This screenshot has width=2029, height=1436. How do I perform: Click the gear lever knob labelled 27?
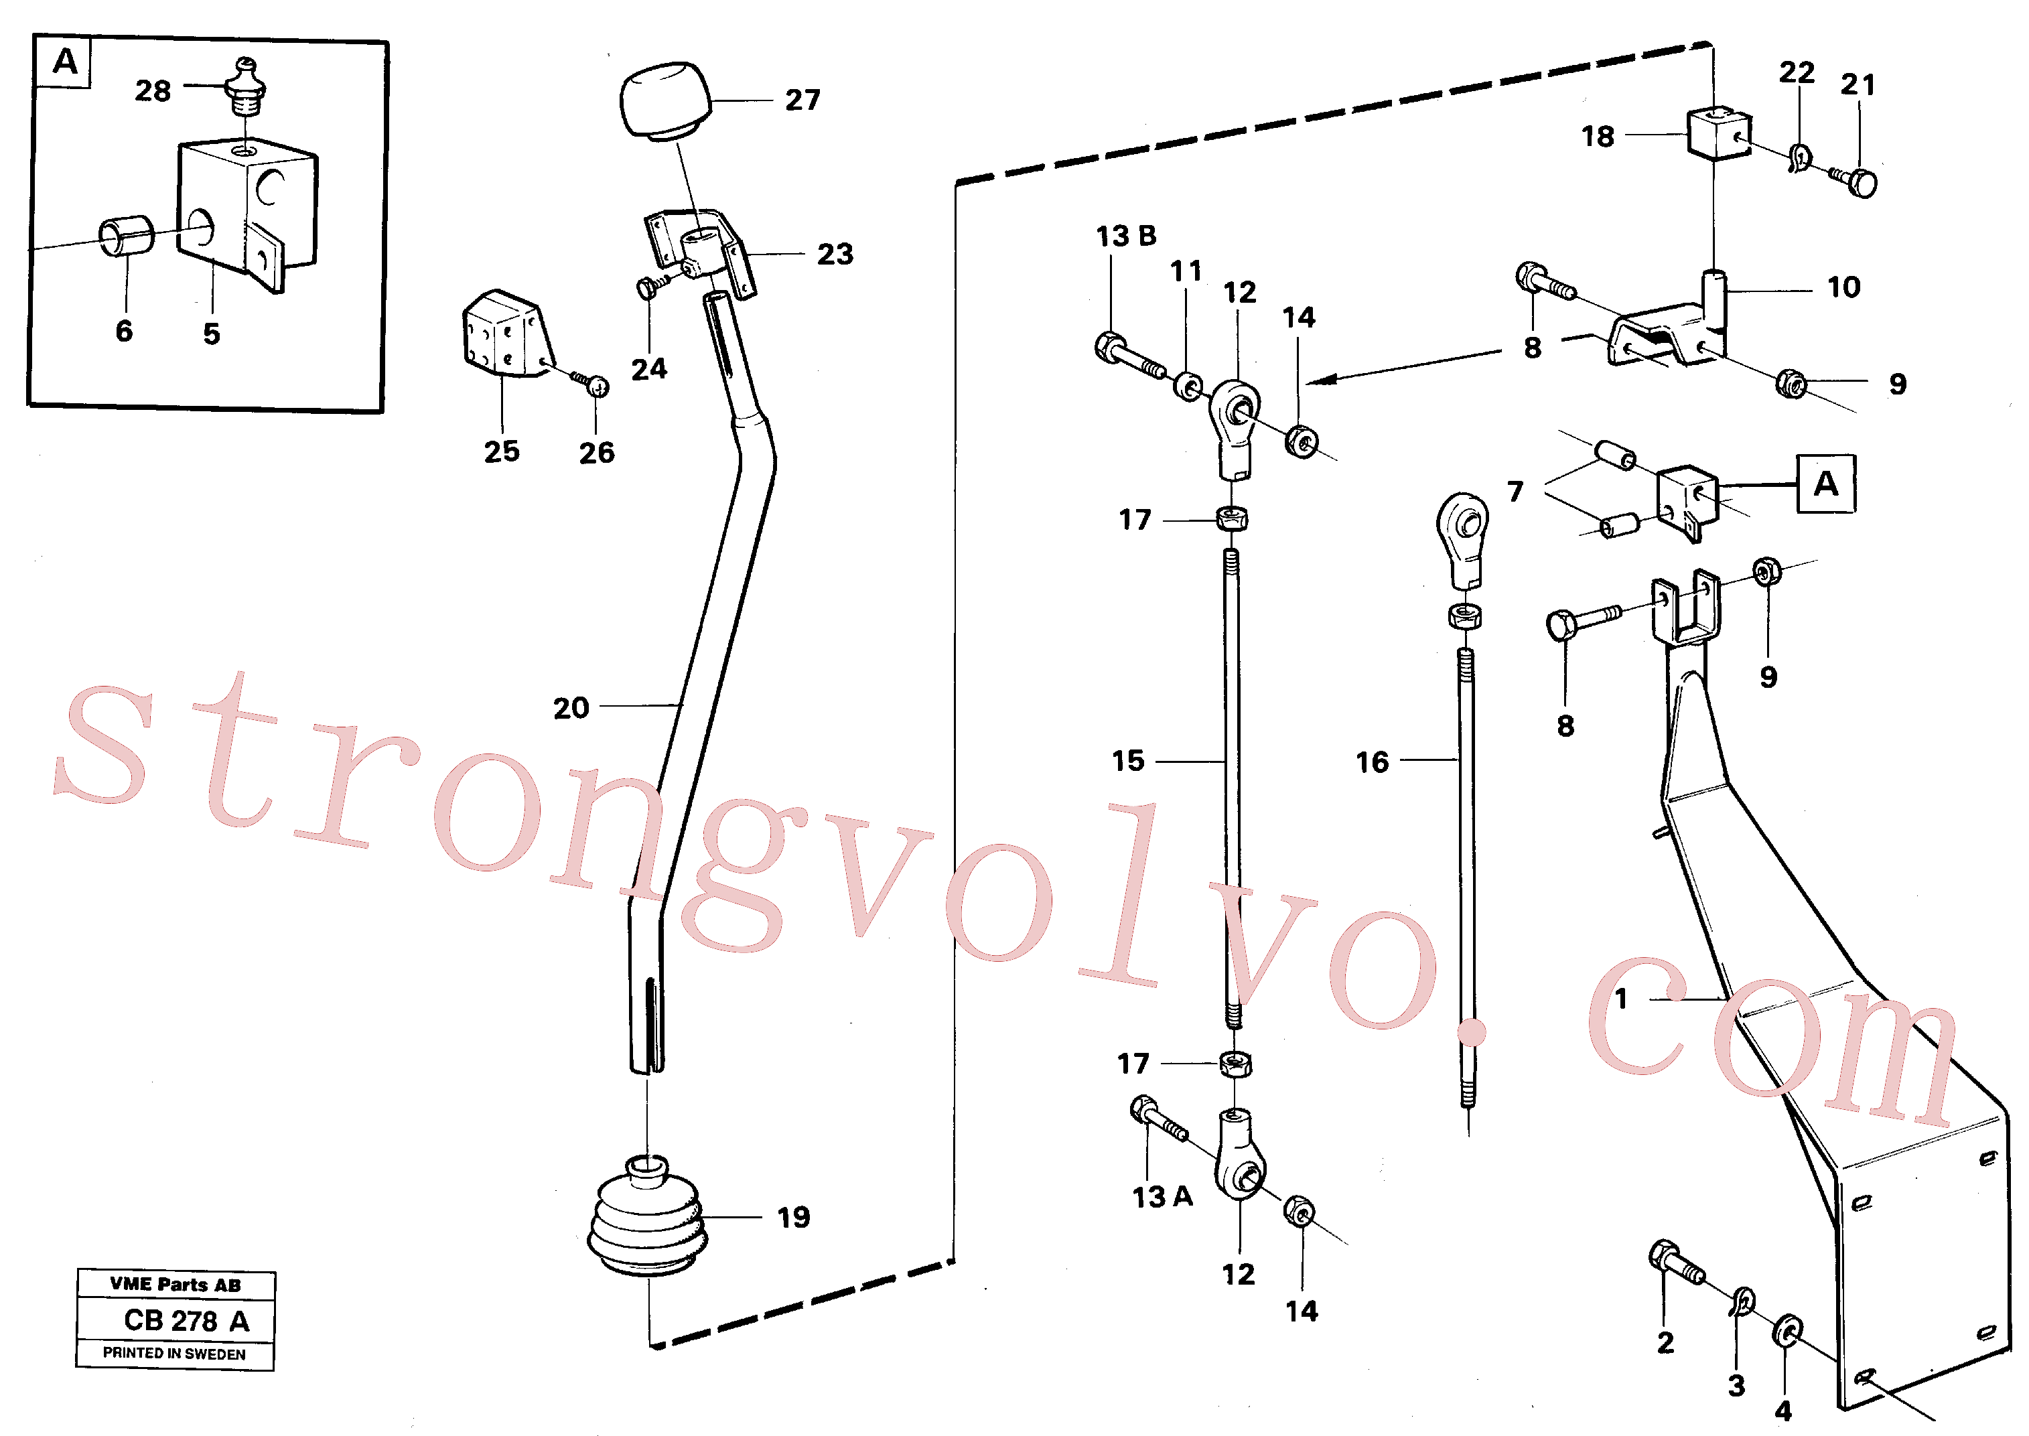666,99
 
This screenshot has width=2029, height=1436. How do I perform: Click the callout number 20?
571,707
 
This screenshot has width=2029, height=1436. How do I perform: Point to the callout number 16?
1372,762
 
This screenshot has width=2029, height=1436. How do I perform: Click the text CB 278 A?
186,1320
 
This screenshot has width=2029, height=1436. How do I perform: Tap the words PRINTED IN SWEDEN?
174,1353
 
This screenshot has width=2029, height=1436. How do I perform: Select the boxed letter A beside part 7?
1825,484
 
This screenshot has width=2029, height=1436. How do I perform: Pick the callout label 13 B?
1126,236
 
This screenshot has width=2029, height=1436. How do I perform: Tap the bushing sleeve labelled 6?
125,236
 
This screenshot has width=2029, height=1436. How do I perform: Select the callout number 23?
835,255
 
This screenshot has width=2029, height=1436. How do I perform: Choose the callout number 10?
1843,287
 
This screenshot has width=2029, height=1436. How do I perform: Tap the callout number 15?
1127,762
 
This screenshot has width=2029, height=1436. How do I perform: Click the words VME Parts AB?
175,1285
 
